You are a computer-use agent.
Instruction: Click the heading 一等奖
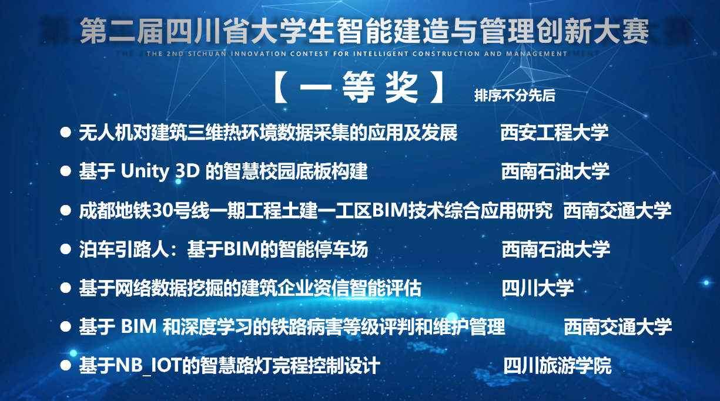coord(359,87)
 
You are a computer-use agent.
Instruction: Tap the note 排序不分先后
coord(515,95)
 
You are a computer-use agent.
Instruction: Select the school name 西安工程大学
coord(554,133)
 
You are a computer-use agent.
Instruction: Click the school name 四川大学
coord(538,288)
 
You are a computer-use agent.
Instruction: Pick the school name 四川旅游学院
coord(557,365)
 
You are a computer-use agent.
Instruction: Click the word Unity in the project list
coord(145,171)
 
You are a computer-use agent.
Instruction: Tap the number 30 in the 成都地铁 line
coord(162,211)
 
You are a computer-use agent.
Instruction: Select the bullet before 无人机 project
coord(66,133)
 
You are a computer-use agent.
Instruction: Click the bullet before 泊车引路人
coord(66,249)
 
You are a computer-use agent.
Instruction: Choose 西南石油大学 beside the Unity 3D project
coord(555,171)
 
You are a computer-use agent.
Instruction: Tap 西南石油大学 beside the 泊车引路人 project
coord(556,249)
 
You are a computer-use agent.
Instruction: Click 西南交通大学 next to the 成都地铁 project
coord(617,211)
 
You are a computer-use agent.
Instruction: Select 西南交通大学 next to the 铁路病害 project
coord(618,327)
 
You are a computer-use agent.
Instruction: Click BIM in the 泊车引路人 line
coord(242,249)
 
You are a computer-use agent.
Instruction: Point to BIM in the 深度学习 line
coord(139,326)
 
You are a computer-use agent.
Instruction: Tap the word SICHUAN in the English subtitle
coord(207,53)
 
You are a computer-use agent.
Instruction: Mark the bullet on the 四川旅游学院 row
coord(66,365)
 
